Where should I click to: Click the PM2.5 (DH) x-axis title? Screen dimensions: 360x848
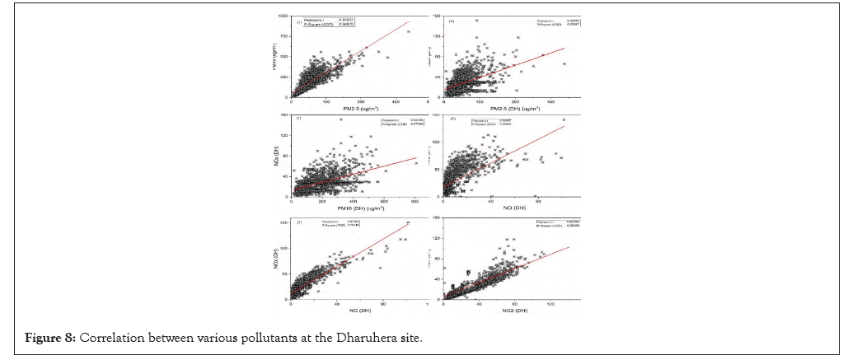coord(508,106)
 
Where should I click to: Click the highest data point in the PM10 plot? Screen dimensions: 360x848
coord(340,120)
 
